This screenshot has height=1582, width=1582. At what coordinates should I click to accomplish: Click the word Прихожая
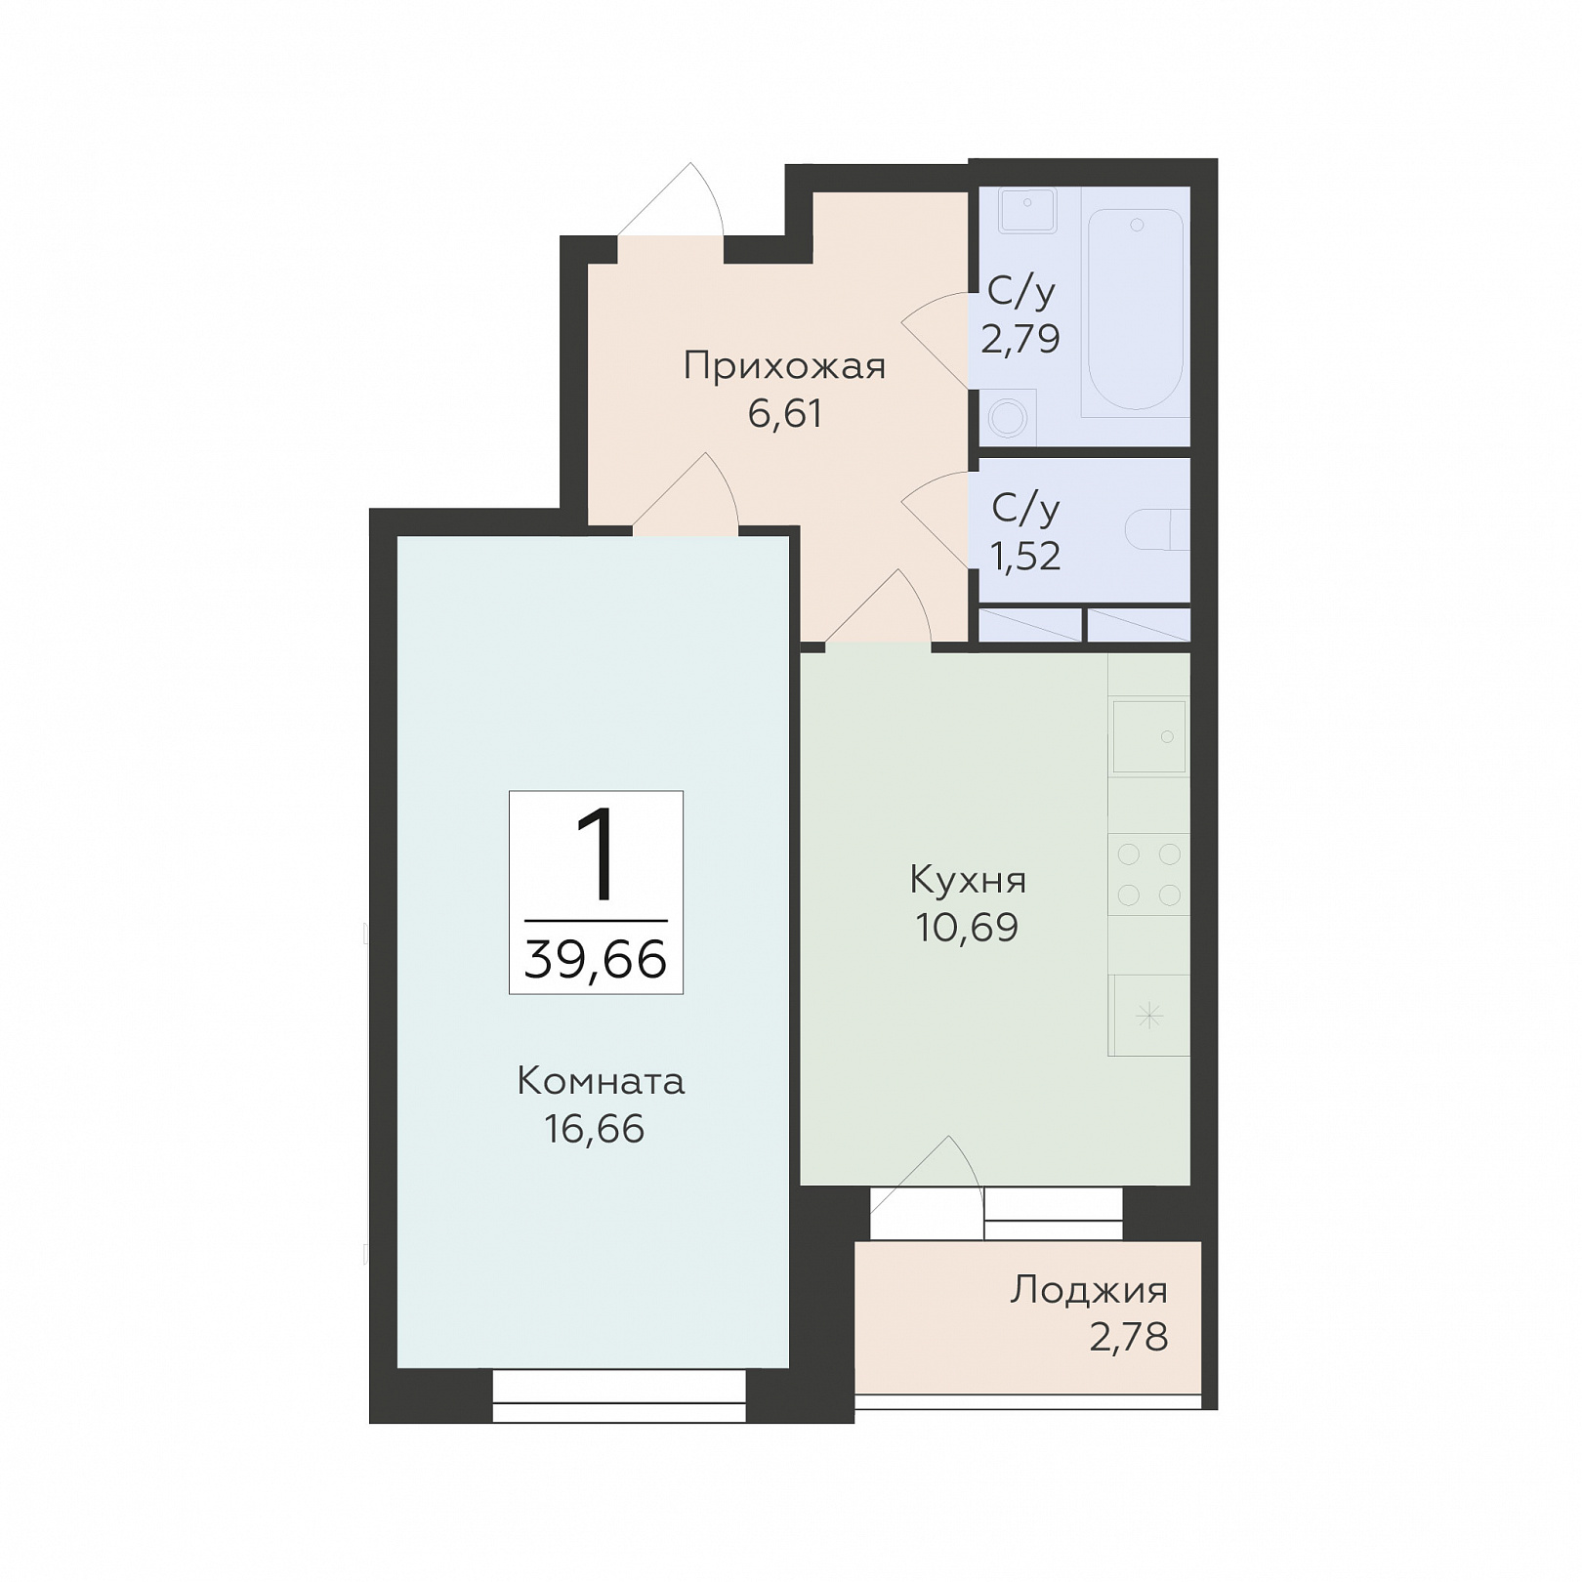point(784,367)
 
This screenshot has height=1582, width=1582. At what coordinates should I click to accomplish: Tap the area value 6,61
point(785,414)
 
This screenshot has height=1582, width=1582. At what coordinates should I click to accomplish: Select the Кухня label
point(968,881)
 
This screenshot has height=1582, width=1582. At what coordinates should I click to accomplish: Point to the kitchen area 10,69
point(967,928)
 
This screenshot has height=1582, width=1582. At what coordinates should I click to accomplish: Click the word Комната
point(601,1082)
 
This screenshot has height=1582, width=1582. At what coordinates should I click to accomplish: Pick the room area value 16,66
point(595,1130)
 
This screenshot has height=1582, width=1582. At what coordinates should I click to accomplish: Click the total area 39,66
point(596,959)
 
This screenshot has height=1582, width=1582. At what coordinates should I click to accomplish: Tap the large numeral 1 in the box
point(596,855)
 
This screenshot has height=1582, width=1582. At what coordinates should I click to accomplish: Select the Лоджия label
point(1089,1291)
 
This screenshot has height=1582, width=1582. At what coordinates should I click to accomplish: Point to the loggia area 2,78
point(1129,1338)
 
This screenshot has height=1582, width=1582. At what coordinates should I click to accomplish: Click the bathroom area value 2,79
point(1020,339)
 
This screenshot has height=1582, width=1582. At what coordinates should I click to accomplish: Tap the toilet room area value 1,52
point(1024,557)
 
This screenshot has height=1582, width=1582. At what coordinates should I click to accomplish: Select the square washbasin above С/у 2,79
point(1027,210)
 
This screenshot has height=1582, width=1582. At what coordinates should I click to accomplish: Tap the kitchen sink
point(1149,736)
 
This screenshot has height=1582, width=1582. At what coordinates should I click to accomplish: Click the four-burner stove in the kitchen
point(1148,875)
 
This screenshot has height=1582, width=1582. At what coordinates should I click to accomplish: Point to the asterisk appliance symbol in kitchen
point(1150,1017)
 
